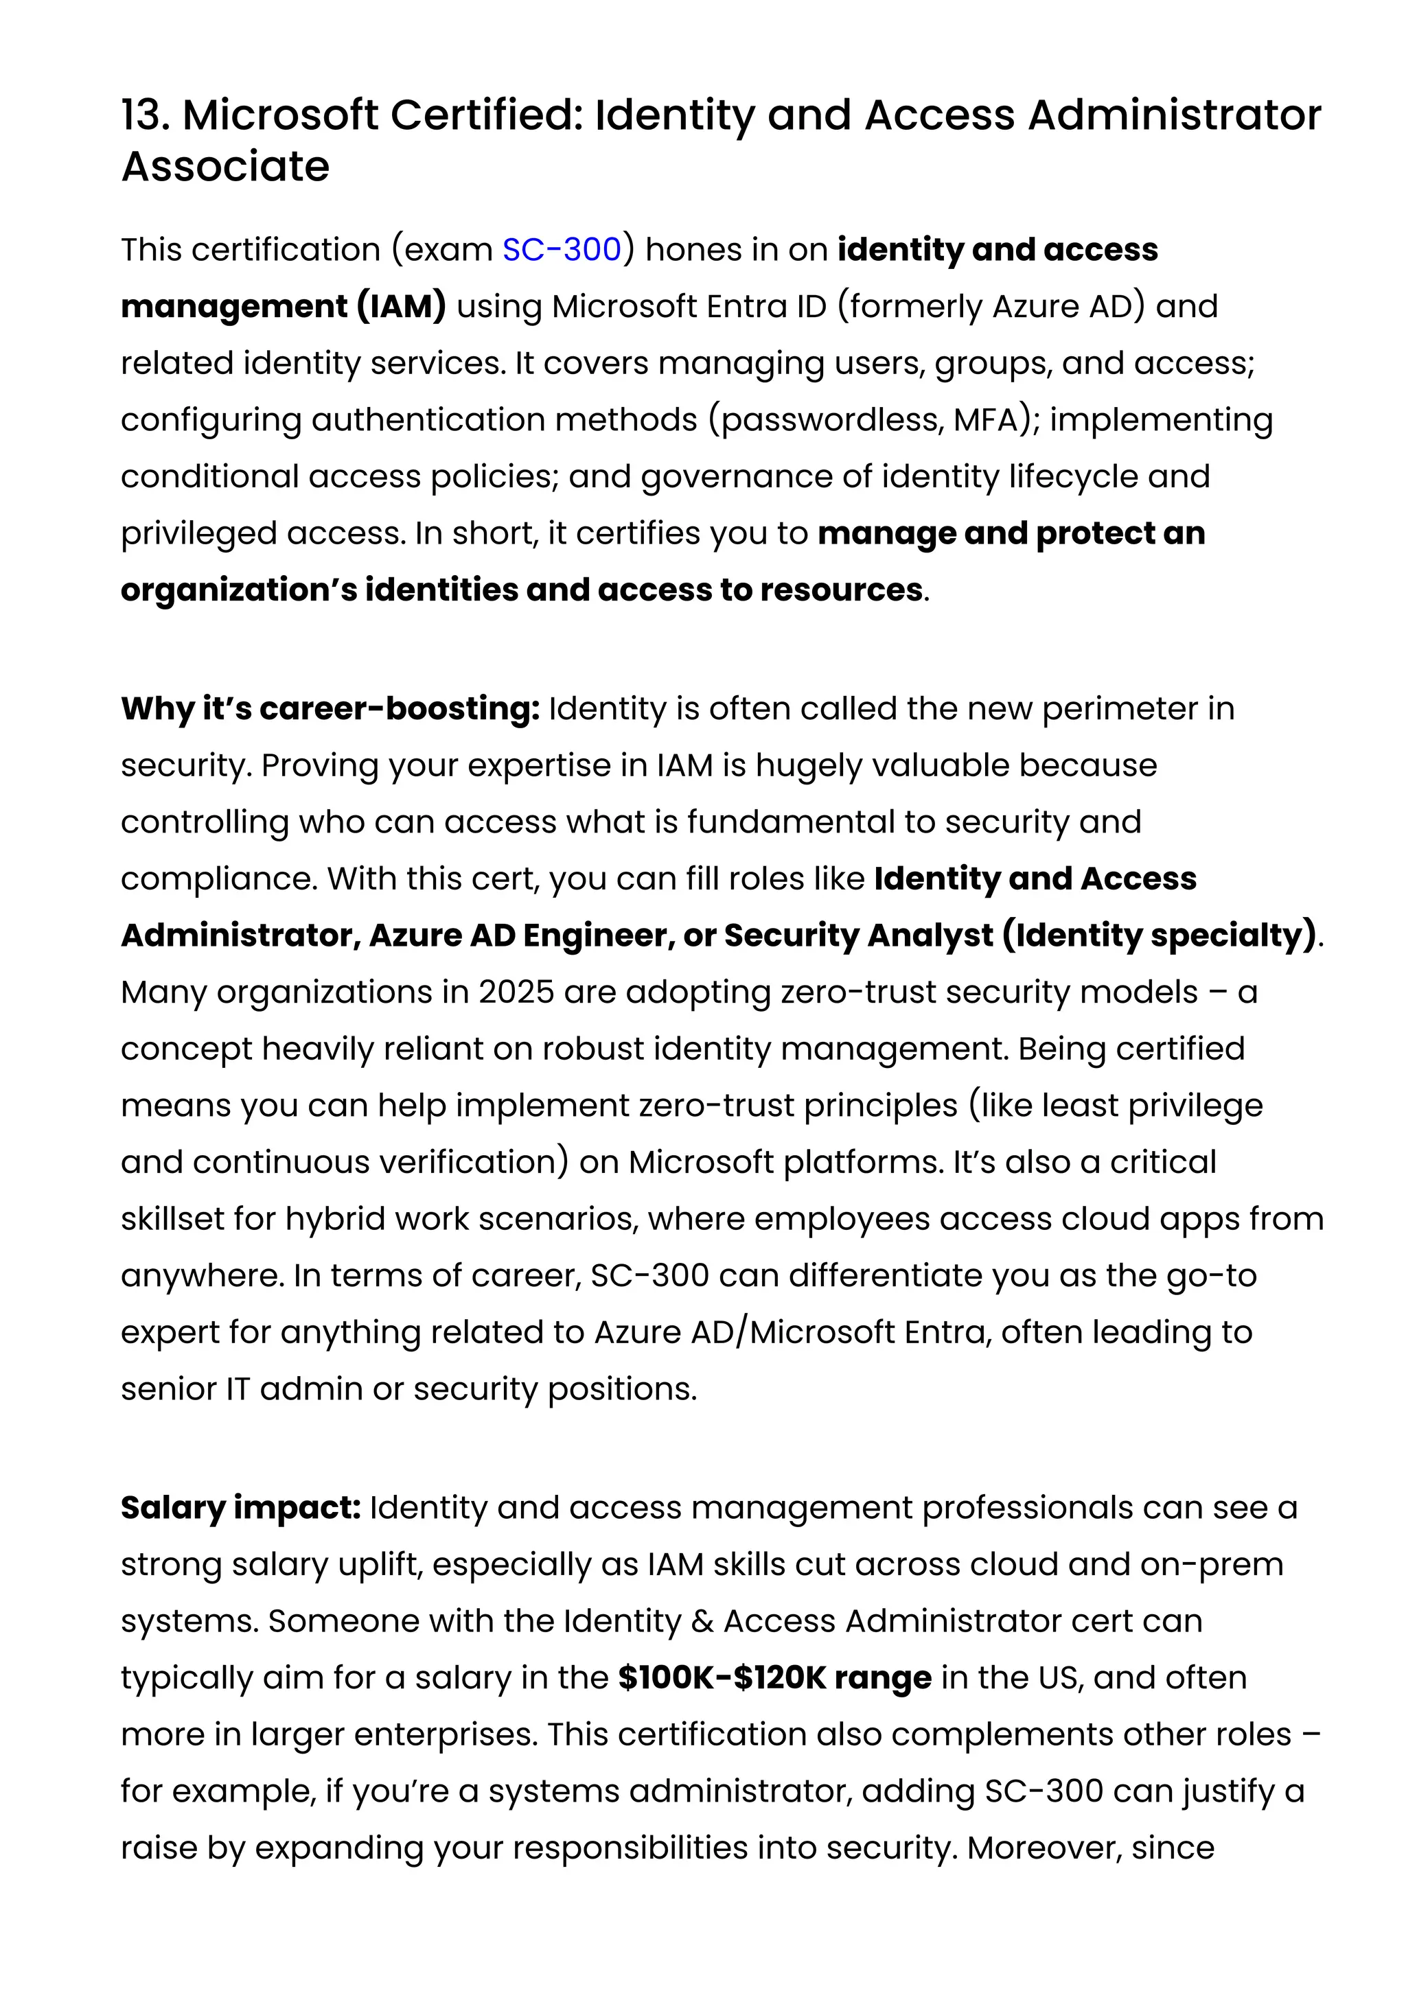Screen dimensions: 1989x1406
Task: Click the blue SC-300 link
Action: pyautogui.click(x=562, y=250)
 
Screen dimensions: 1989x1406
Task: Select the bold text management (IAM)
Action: pyautogui.click(x=284, y=307)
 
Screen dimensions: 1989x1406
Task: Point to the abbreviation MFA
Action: pyautogui.click(x=985, y=420)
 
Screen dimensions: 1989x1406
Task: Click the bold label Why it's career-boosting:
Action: pyautogui.click(x=330, y=708)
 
